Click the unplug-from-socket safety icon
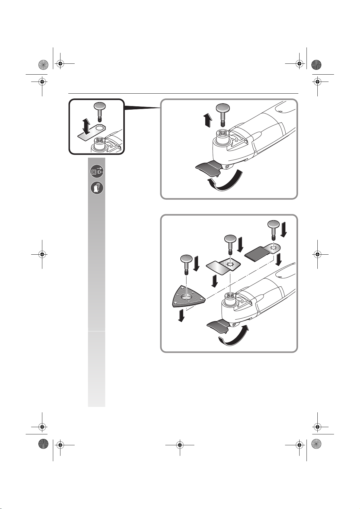(x=97, y=172)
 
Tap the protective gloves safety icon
(x=97, y=188)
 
